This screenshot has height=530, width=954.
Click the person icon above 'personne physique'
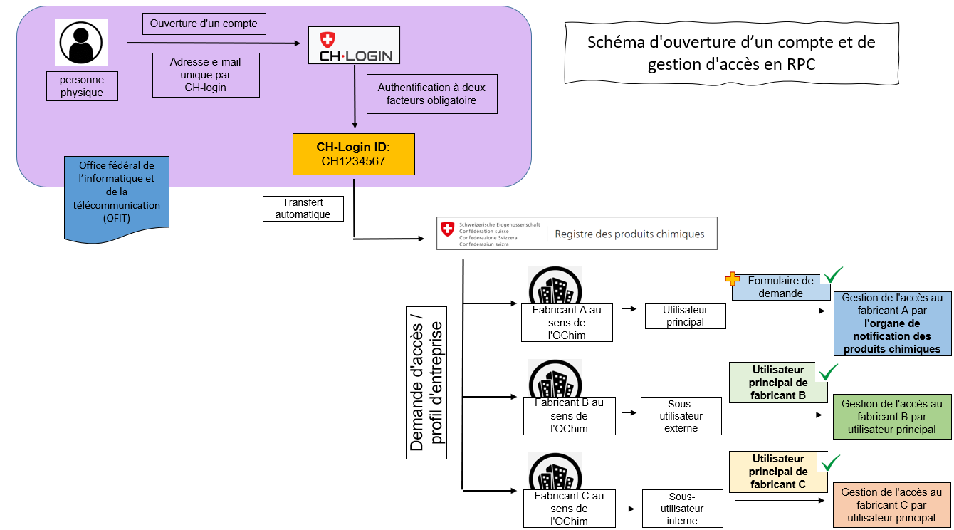(81, 43)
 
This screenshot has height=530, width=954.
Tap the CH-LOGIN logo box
(354, 45)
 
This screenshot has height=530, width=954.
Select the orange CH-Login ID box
(354, 155)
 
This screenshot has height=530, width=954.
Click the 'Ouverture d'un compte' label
(204, 24)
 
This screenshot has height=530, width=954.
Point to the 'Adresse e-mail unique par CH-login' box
(206, 75)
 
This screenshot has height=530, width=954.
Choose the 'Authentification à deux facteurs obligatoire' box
(432, 94)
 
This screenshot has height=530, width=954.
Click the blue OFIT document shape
(117, 199)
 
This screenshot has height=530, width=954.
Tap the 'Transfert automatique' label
(303, 208)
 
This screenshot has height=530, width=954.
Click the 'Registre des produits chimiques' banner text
(629, 234)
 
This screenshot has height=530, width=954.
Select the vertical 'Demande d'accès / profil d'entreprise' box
(426, 383)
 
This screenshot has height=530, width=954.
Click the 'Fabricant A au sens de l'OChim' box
(567, 323)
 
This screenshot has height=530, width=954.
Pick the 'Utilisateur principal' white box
(686, 316)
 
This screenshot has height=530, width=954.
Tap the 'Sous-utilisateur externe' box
(681, 416)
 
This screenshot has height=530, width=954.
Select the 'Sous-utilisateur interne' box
(682, 509)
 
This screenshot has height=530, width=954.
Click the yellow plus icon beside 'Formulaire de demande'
(733, 279)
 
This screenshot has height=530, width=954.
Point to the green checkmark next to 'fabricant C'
(831, 463)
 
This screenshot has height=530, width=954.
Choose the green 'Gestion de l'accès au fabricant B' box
(892, 417)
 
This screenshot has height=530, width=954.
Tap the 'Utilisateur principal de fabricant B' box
(778, 383)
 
